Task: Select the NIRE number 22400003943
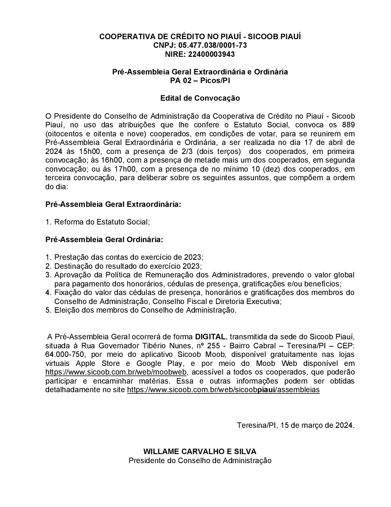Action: coord(212,54)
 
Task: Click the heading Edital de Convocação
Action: coord(200,98)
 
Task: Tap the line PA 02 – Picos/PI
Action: coord(200,81)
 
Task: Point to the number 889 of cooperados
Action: coord(348,125)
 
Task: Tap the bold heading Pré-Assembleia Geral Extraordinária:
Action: coord(113,205)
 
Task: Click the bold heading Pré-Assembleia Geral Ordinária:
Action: coord(104,239)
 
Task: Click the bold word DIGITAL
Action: coord(210,337)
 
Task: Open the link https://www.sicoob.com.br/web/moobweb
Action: coord(117,372)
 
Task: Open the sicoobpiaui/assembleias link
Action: coord(223,390)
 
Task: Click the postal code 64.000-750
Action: coord(65,355)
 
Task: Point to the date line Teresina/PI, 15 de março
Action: coord(296,425)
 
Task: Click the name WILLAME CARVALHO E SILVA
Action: coord(200,452)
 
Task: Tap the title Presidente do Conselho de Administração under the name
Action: coord(200,461)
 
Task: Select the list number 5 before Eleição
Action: coord(48,310)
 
